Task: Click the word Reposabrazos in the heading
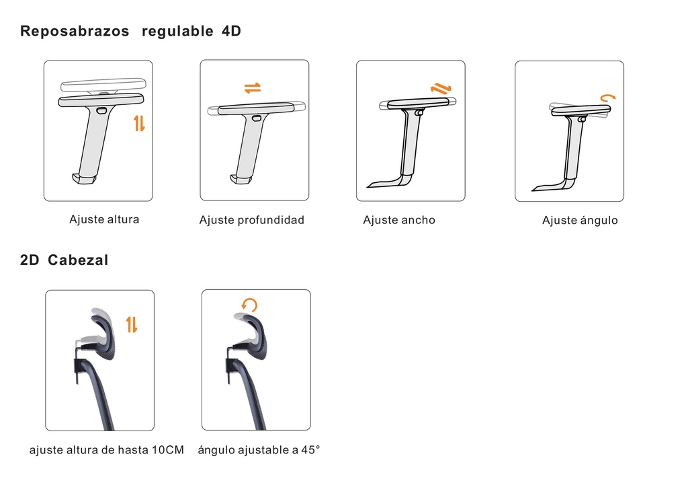(75, 31)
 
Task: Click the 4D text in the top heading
(230, 31)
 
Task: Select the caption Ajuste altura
(104, 219)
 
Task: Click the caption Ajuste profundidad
(252, 220)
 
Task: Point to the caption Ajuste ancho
(399, 220)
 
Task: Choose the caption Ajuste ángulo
(580, 221)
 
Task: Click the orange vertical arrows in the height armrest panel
(139, 123)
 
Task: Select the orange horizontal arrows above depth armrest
(253, 88)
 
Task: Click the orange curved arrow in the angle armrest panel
(607, 98)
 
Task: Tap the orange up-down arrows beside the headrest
(132, 324)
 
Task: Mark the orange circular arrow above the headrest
(250, 307)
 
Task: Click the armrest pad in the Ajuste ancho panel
(417, 103)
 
